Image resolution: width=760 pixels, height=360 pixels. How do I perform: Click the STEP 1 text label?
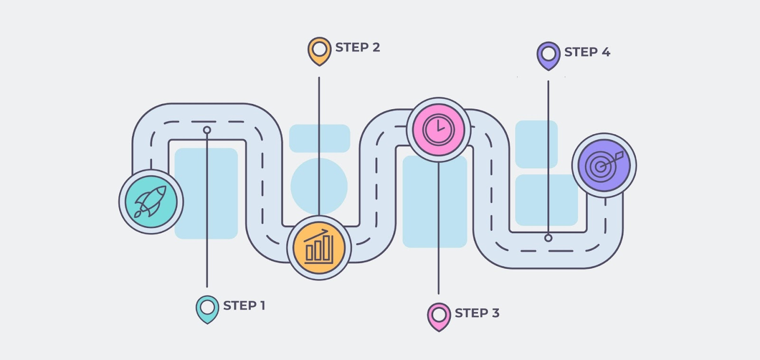pyautogui.click(x=244, y=305)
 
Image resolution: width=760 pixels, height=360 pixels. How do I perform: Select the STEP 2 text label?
pyautogui.click(x=357, y=47)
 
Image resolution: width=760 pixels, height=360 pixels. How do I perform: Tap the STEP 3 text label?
pyautogui.click(x=477, y=313)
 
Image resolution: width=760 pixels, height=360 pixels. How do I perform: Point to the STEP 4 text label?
pyautogui.click(x=587, y=52)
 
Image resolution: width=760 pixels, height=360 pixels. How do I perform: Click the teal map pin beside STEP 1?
pyautogui.click(x=207, y=309)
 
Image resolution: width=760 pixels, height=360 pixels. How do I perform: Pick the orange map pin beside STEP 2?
pyautogui.click(x=319, y=50)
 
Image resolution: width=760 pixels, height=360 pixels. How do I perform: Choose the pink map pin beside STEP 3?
pyautogui.click(x=438, y=316)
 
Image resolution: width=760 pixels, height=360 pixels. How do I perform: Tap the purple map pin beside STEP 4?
pyautogui.click(x=548, y=55)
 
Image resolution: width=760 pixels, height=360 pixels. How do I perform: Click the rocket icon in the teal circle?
pyautogui.click(x=151, y=201)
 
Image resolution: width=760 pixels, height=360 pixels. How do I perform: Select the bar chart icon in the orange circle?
pyautogui.click(x=319, y=247)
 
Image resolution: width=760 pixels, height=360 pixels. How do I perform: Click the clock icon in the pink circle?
pyautogui.click(x=438, y=129)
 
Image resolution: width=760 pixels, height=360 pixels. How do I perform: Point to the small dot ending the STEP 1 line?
pyautogui.click(x=207, y=130)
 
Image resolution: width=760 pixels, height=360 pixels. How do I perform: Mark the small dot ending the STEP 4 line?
pyautogui.click(x=548, y=238)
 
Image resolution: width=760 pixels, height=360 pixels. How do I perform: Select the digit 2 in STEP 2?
pyautogui.click(x=376, y=47)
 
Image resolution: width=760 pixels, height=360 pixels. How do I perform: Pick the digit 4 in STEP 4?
pyautogui.click(x=606, y=52)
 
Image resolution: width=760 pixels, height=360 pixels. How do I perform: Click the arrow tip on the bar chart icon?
pyautogui.click(x=327, y=231)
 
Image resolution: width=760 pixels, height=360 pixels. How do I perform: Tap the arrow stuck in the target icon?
pyautogui.click(x=613, y=159)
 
